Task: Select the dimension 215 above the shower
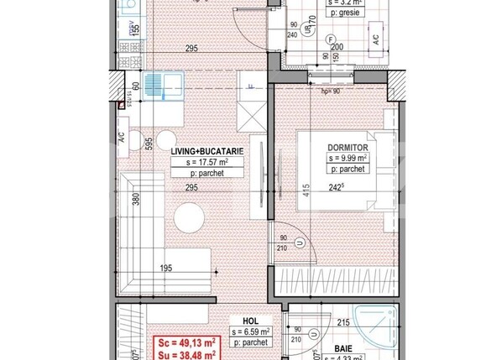342,321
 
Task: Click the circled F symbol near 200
331,39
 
